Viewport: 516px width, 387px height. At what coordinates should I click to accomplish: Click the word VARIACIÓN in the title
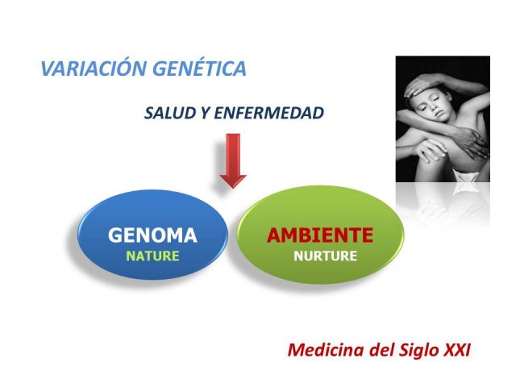click(94, 68)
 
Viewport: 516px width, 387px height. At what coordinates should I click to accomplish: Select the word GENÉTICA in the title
click(200, 68)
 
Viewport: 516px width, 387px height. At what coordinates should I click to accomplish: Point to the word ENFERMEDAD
click(268, 113)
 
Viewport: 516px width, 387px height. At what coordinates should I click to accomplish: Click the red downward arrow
click(233, 160)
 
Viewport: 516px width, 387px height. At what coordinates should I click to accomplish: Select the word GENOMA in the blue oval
click(152, 235)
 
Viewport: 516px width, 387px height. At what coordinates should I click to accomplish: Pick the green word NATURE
click(152, 256)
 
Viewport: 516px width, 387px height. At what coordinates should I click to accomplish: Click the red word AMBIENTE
click(320, 235)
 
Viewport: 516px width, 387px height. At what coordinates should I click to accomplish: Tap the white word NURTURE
click(325, 256)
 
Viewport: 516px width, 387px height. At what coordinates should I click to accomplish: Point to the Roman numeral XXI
click(457, 350)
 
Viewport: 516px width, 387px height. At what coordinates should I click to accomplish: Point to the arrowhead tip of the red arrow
click(233, 188)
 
